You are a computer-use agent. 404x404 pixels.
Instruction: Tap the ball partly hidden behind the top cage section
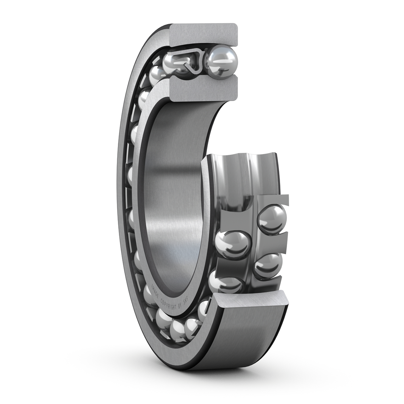pyautogui.click(x=172, y=63)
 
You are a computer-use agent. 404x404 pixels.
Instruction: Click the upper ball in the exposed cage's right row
pyautogui.click(x=272, y=218)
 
